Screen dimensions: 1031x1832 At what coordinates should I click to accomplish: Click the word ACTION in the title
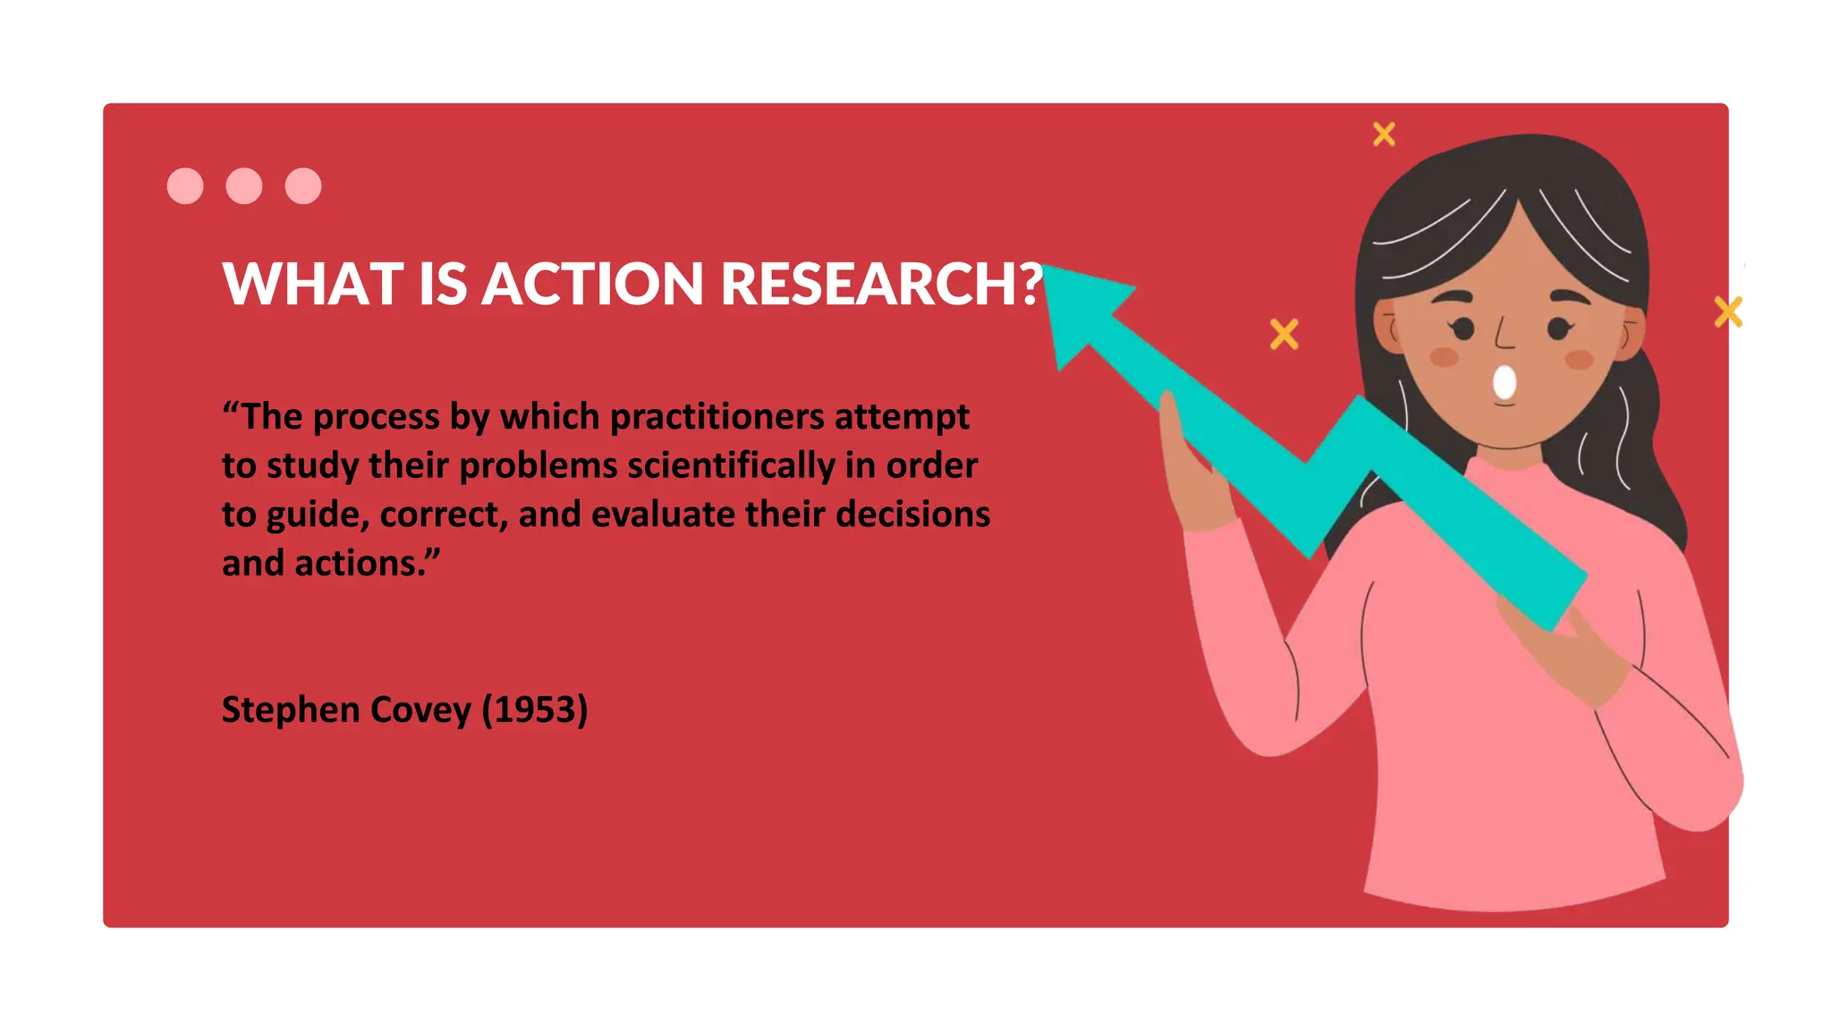pyautogui.click(x=593, y=285)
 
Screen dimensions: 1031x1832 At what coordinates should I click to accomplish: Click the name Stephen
pyautogui.click(x=291, y=710)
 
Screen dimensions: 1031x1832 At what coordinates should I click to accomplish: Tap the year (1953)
pyautogui.click(x=534, y=710)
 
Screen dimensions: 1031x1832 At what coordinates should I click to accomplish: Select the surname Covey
pyautogui.click(x=420, y=710)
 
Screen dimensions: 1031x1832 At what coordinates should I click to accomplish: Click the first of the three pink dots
pyautogui.click(x=185, y=186)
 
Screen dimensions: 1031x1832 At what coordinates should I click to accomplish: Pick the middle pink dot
pyautogui.click(x=244, y=186)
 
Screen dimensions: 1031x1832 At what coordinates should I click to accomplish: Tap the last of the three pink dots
pyautogui.click(x=303, y=186)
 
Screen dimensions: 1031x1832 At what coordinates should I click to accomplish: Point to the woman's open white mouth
pyautogui.click(x=1505, y=383)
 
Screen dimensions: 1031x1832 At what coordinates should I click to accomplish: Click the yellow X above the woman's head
pyautogui.click(x=1384, y=134)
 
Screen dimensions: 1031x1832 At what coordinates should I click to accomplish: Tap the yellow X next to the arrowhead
pyautogui.click(x=1284, y=335)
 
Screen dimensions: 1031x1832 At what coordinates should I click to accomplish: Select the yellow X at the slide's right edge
pyautogui.click(x=1728, y=312)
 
